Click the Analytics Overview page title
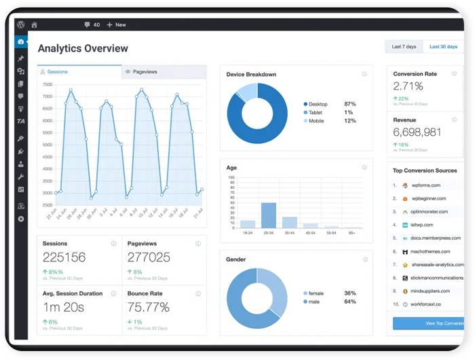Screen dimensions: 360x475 point(83,48)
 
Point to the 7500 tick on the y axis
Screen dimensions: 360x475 point(47,85)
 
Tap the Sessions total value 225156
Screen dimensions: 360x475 point(64,257)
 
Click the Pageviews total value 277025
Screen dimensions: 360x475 point(149,257)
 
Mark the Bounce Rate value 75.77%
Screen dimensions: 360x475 point(148,308)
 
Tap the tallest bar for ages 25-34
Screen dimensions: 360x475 point(269,215)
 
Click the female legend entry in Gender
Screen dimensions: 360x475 point(315,293)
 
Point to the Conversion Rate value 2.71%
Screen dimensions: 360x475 point(408,86)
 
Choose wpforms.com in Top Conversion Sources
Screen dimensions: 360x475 point(425,185)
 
